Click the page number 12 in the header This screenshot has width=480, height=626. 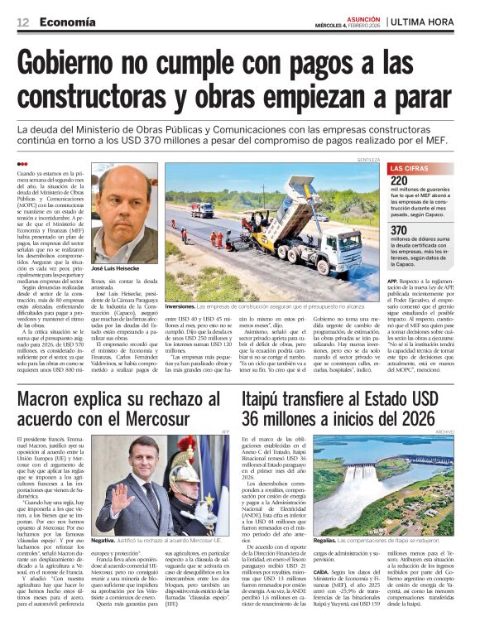(22, 22)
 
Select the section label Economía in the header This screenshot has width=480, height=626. (68, 22)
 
